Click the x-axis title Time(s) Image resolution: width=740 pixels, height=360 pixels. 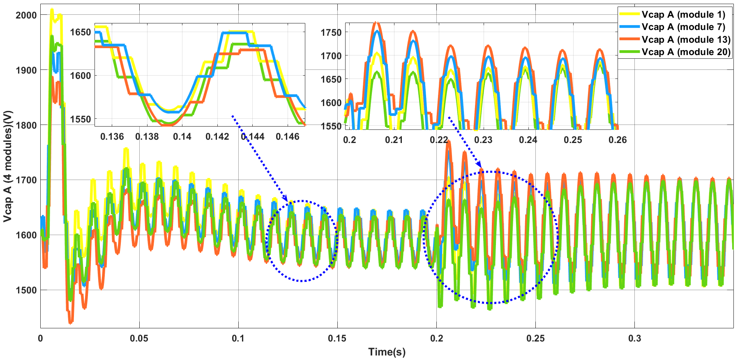pos(387,352)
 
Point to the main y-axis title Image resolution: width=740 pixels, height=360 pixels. pos(8,166)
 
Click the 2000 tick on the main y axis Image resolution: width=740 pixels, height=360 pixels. pos(26,15)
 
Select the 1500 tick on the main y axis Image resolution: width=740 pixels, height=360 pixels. pos(26,290)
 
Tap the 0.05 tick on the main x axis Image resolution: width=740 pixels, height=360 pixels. pos(139,339)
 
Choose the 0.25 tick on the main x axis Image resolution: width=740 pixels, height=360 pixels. pos(536,339)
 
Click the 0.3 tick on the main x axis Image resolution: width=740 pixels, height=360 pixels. pos(635,339)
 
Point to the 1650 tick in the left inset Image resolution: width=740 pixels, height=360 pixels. pos(81,32)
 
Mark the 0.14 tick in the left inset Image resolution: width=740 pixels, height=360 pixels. pos(182,137)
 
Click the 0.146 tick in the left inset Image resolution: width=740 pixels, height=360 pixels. pos(288,137)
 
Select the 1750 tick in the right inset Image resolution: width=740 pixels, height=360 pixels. pos(331,32)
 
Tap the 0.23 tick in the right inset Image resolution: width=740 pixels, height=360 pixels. pos(483,140)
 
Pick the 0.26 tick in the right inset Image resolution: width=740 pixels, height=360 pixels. pos(618,140)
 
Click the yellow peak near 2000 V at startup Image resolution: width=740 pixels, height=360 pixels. pos(52,9)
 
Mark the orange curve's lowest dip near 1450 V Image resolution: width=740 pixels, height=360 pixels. pos(71,323)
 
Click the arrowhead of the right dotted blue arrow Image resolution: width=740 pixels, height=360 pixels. pos(481,166)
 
